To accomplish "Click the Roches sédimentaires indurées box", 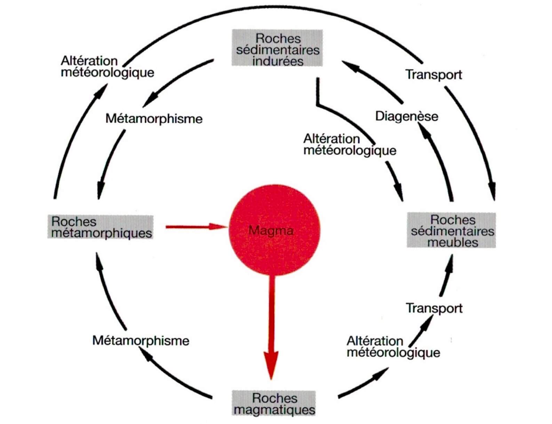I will click(277, 48).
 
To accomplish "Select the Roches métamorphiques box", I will click(101, 227).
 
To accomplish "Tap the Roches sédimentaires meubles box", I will click(451, 230).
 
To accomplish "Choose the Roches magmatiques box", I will click(274, 403).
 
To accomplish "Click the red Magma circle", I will click(274, 230).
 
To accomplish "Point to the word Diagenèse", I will click(407, 116).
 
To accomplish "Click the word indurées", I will click(278, 61).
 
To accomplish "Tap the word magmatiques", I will click(274, 409).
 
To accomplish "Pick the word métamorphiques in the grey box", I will click(102, 233).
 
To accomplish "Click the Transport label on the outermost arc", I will click(434, 74).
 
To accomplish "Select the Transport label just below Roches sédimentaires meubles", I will click(434, 308).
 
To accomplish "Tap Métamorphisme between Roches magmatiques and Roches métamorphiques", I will click(141, 340).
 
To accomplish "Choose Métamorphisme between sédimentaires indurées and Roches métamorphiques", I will click(154, 119).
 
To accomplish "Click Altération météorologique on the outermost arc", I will click(107, 67).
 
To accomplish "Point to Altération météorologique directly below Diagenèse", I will click(350, 145).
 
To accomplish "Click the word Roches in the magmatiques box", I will click(274, 398).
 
